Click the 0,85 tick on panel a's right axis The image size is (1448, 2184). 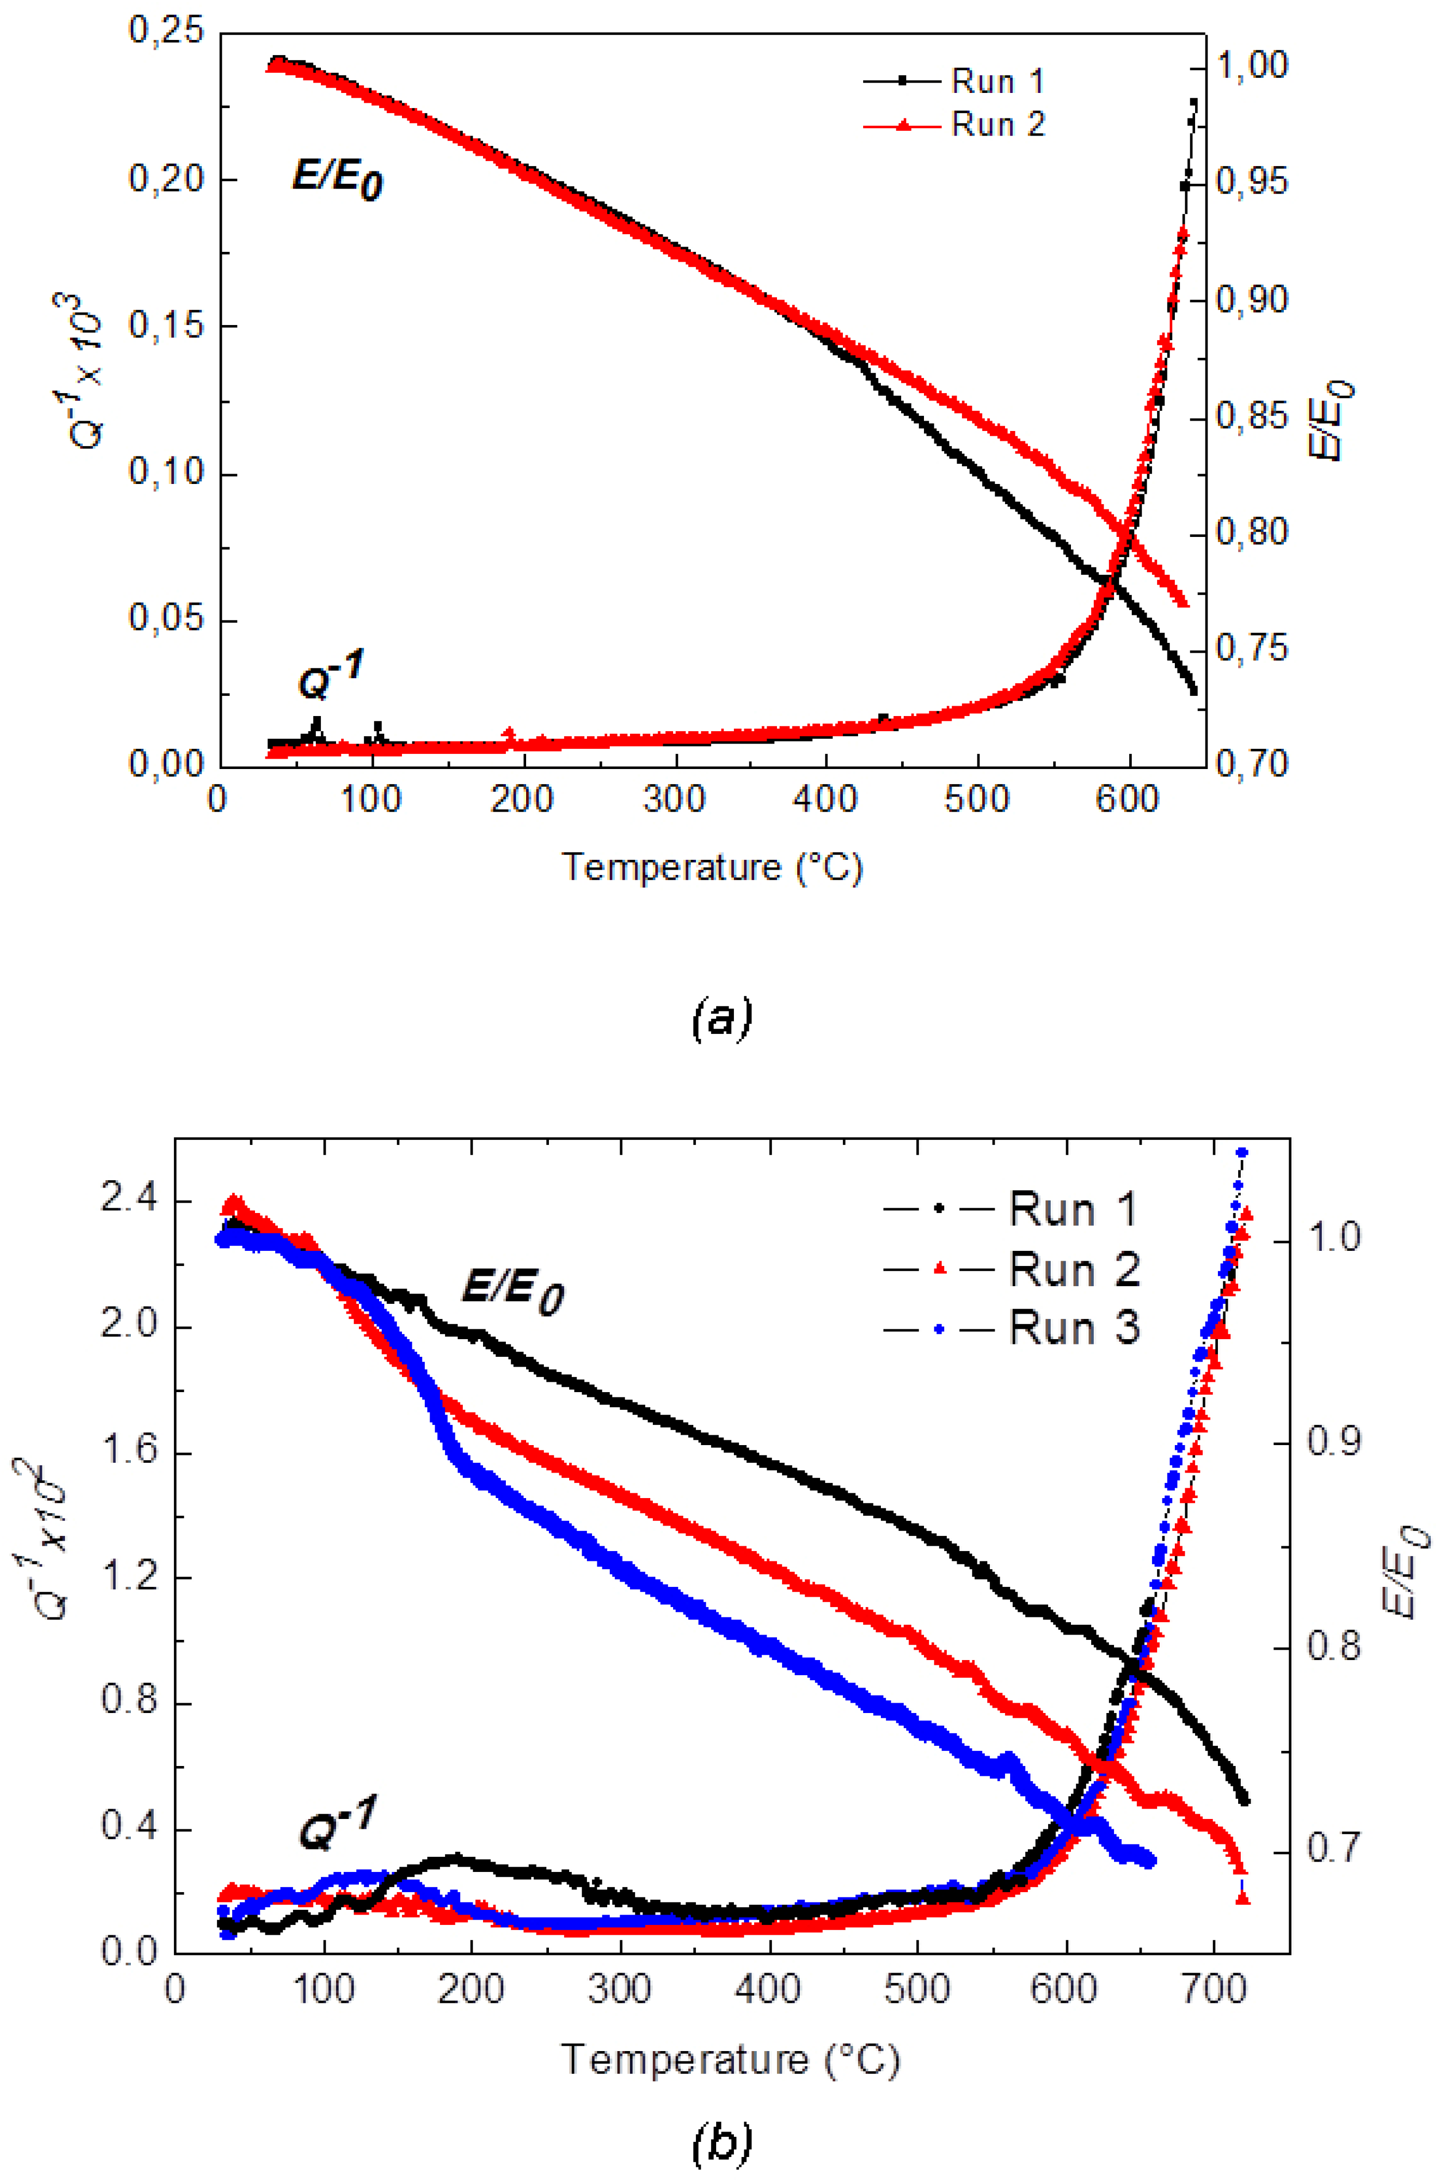click(x=1251, y=417)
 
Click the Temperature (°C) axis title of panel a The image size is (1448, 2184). click(x=712, y=868)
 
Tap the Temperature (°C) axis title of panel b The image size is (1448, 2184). click(x=730, y=2059)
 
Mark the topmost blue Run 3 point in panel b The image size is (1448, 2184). click(x=1242, y=1153)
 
